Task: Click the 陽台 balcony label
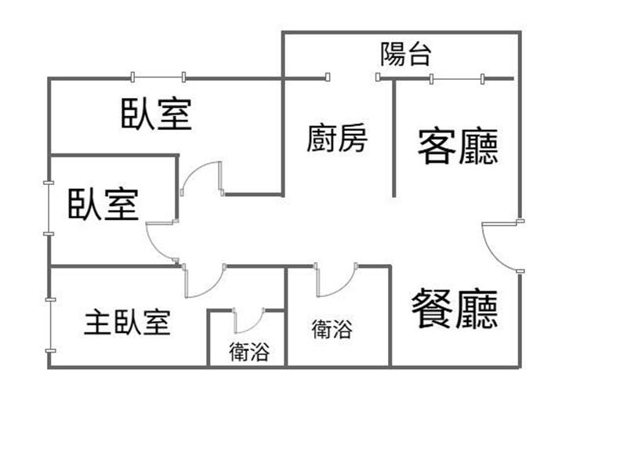click(x=405, y=54)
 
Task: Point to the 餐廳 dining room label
click(x=455, y=309)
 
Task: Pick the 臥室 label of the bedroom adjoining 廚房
click(x=157, y=114)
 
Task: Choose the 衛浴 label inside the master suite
click(x=249, y=353)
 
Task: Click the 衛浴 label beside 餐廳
click(x=332, y=329)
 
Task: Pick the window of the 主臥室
click(x=49, y=324)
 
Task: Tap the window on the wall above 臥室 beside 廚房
click(x=158, y=77)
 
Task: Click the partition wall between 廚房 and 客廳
click(x=393, y=137)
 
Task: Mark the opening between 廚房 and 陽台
click(x=353, y=78)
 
